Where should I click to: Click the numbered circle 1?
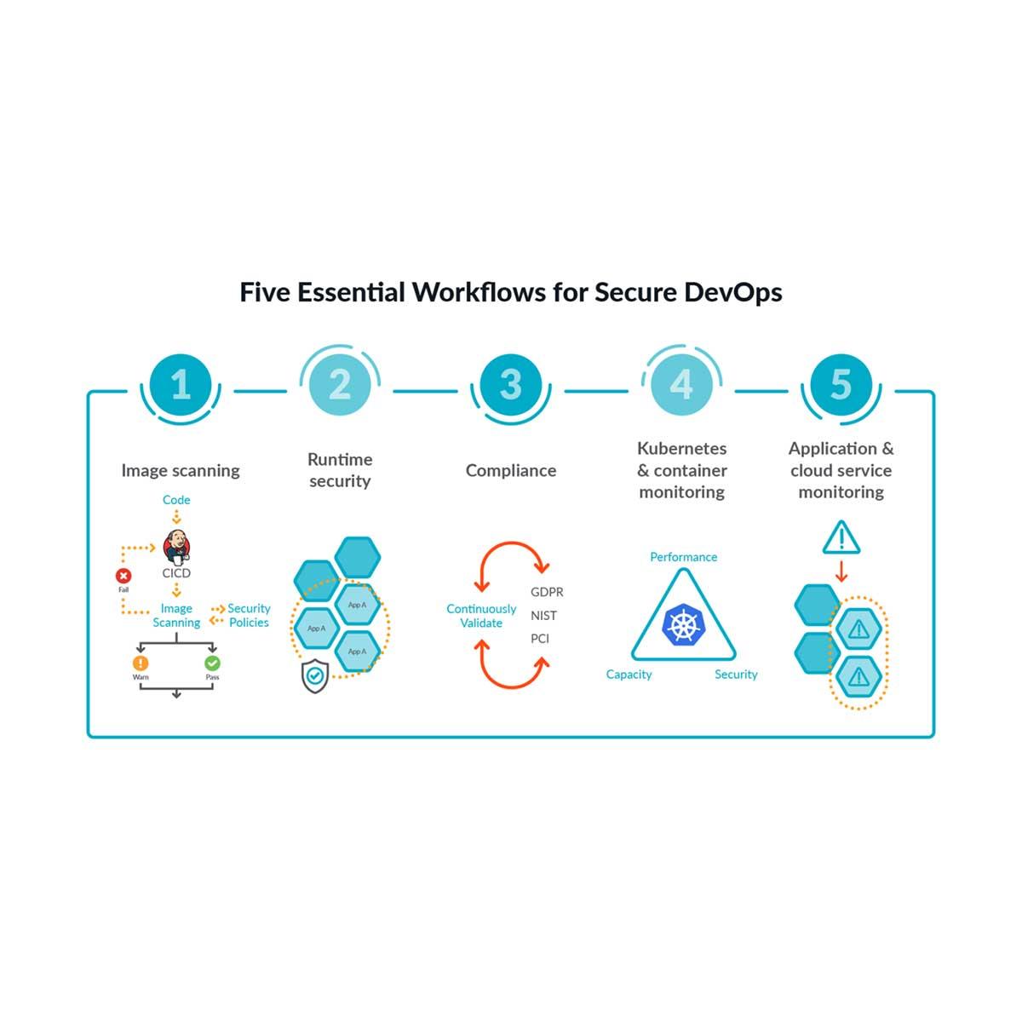coord(181,385)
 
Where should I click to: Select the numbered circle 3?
coord(510,385)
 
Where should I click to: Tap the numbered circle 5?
coord(841,385)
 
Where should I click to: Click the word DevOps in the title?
coord(732,292)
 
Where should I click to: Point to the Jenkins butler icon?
coord(177,546)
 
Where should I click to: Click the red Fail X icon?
coord(123,577)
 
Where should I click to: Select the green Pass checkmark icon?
coord(212,663)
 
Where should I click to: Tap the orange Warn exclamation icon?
coord(141,663)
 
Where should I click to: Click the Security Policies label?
coord(249,615)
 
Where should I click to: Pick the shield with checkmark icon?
coord(315,675)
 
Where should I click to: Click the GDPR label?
coord(547,592)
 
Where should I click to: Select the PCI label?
coord(540,638)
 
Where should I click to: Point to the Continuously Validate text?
coord(481,616)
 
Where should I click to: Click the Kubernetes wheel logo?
coord(683,624)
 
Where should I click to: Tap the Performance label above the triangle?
coord(683,557)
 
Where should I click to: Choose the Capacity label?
coord(629,675)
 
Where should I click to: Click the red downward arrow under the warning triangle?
coord(841,570)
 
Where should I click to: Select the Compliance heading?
coord(510,470)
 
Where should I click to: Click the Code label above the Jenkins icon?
coord(176,500)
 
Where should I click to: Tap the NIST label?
coord(543,615)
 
